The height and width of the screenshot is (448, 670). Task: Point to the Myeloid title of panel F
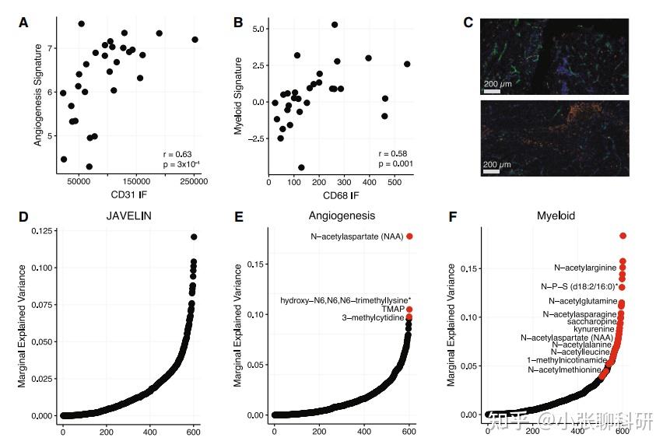pos(556,215)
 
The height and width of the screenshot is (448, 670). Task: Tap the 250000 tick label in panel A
pos(195,181)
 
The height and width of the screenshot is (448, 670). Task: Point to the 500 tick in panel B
pos(395,181)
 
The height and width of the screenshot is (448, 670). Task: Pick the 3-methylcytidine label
pos(374,318)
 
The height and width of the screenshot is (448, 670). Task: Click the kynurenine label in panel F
pos(594,329)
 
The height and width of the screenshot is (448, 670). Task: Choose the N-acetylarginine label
pos(585,268)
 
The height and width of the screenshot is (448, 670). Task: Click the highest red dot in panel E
pos(410,236)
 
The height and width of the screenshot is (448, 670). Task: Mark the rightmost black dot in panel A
pos(195,40)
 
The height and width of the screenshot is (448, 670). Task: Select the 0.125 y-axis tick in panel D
pos(42,231)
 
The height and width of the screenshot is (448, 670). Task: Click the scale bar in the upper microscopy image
pos(493,92)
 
